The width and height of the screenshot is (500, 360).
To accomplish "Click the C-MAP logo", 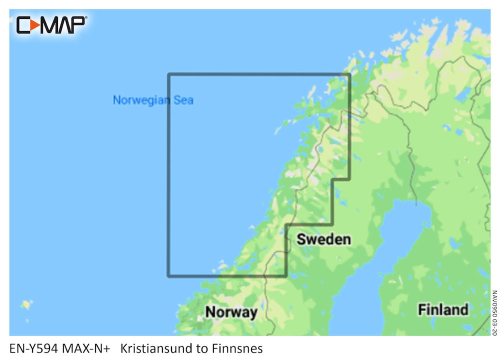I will (51, 24).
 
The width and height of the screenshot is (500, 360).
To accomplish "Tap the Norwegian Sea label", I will (153, 100).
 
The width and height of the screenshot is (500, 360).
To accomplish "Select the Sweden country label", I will (323, 239).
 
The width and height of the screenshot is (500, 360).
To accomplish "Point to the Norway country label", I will (231, 312).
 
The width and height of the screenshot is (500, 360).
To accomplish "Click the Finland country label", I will (443, 309).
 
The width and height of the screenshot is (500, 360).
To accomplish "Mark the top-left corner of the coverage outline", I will (169, 74).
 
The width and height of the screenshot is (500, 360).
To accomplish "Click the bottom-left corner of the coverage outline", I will (169, 275).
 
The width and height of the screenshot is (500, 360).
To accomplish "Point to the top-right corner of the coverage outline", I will (349, 74).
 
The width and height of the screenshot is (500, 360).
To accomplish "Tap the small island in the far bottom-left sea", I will (25, 304).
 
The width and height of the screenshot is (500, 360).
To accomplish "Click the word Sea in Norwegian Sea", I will (183, 100).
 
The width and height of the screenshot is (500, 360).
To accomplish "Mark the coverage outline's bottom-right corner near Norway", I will (285, 275).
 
